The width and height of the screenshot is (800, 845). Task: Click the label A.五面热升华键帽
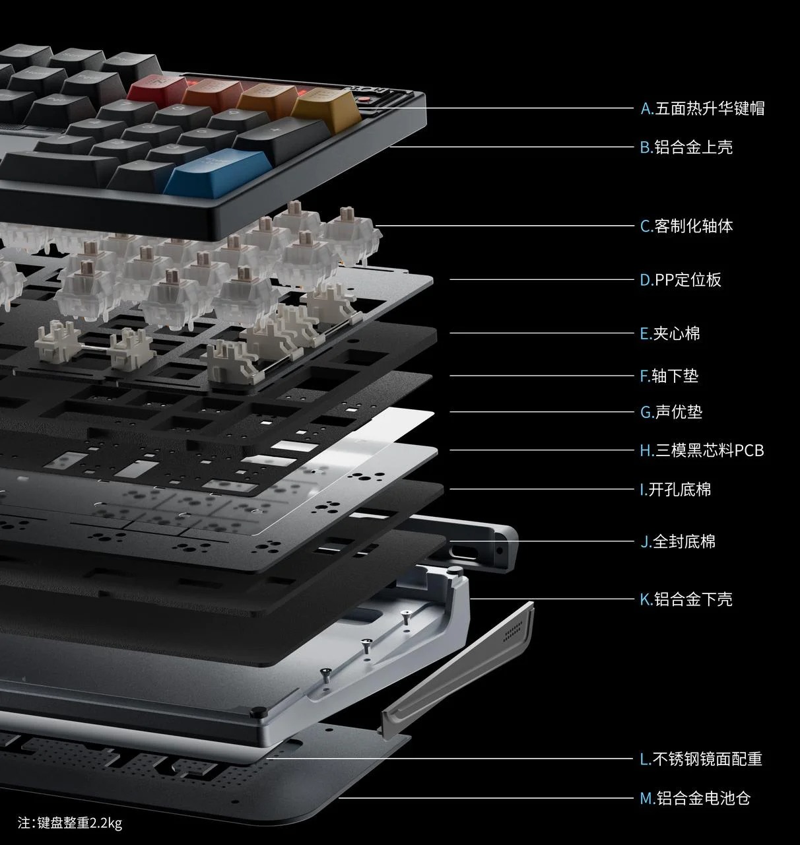tap(702, 108)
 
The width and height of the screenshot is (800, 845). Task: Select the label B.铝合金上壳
tap(686, 147)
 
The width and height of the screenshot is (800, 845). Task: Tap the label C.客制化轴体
tap(686, 226)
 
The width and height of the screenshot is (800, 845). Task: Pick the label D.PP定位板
tap(681, 279)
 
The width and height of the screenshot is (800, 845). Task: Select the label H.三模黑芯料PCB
tap(702, 451)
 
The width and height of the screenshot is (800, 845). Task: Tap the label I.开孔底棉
tap(675, 490)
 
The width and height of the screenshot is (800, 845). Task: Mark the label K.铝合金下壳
tap(686, 599)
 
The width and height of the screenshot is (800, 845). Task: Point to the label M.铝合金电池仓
tap(695, 798)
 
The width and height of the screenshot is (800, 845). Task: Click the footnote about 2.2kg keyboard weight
tap(70, 823)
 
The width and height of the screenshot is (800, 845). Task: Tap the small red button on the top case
tap(364, 99)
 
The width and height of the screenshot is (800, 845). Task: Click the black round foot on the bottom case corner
tap(258, 711)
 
